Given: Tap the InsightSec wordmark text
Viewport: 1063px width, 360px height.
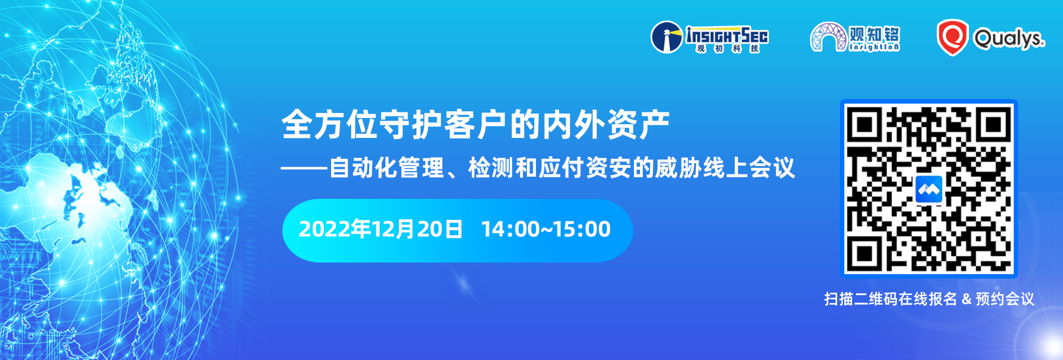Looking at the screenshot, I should pyautogui.click(x=727, y=35).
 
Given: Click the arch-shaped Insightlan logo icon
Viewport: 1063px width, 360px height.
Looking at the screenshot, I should pyautogui.click(x=828, y=38).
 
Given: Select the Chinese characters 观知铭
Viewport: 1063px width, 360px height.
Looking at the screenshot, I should pyautogui.click(x=874, y=34).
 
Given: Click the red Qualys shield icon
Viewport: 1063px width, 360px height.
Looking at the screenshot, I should pyautogui.click(x=952, y=38).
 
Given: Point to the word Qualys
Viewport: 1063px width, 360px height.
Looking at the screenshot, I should pyautogui.click(x=1009, y=39).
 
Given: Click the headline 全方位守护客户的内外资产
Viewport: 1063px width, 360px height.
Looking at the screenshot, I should pyautogui.click(x=475, y=125).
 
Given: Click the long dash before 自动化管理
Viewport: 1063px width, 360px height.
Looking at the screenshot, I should pyautogui.click(x=304, y=168).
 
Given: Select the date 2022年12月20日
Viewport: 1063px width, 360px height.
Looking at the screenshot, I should pyautogui.click(x=380, y=229).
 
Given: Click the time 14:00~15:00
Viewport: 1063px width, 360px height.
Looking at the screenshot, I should pyautogui.click(x=545, y=229).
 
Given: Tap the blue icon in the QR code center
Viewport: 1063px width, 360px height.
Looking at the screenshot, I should pyautogui.click(x=929, y=189).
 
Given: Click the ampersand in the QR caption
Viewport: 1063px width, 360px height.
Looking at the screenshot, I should pyautogui.click(x=967, y=300).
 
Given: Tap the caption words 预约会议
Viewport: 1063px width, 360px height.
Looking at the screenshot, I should pyautogui.click(x=1004, y=300).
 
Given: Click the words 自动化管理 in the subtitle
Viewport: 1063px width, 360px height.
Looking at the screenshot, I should pyautogui.click(x=386, y=168).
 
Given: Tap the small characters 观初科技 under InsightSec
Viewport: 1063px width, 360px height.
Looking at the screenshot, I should pyautogui.click(x=727, y=49).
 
